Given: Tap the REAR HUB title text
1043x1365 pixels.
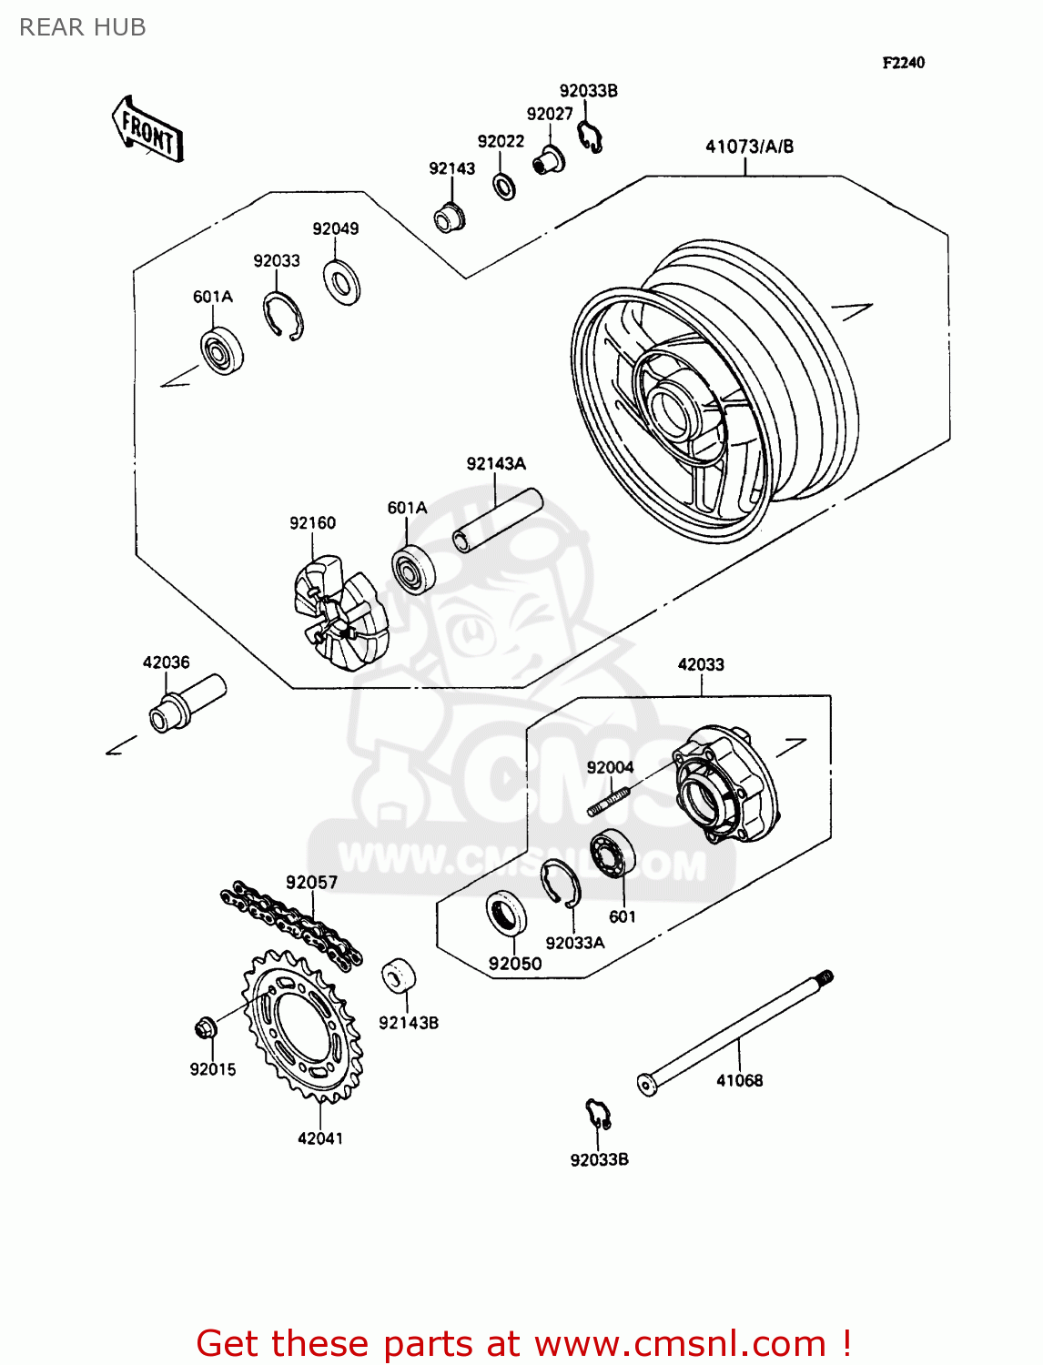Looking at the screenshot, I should (83, 27).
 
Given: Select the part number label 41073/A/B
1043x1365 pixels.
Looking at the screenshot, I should (749, 147).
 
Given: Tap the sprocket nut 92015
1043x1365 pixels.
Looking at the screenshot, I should (205, 1029).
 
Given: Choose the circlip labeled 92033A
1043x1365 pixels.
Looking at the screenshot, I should (560, 883).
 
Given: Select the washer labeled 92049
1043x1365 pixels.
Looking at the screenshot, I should (342, 282).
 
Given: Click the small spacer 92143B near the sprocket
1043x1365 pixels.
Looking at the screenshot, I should (398, 976).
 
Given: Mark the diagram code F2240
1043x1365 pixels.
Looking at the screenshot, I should (903, 63).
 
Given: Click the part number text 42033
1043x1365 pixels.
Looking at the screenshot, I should (701, 665).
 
